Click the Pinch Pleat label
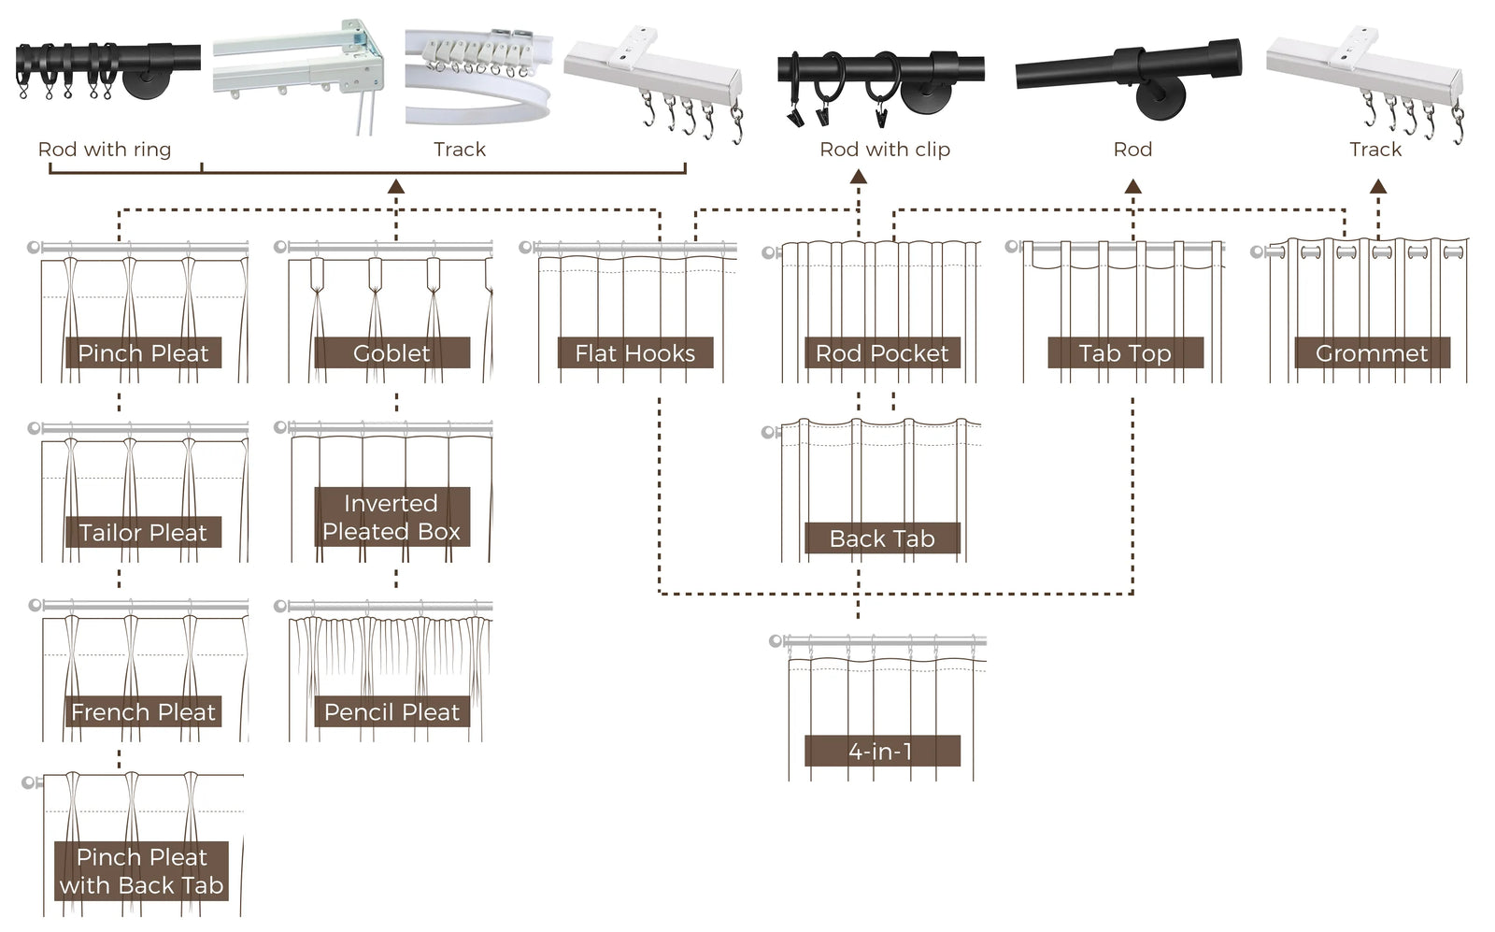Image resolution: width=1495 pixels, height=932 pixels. click(x=143, y=352)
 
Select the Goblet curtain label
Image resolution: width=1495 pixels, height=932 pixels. click(x=392, y=352)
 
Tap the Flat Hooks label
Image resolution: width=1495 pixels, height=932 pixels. click(x=635, y=352)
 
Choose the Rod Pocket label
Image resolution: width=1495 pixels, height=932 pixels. click(x=882, y=352)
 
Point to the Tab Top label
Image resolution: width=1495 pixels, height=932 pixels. click(x=1125, y=352)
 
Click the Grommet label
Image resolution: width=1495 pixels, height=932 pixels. click(x=1372, y=352)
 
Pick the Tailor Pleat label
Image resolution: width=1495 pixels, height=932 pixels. click(x=143, y=532)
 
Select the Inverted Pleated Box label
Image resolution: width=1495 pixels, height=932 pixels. click(x=391, y=517)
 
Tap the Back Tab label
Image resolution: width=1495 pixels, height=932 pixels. click(x=882, y=538)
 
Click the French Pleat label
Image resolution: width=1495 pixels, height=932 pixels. click(x=143, y=711)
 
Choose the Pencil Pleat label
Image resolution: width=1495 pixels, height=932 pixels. click(x=392, y=711)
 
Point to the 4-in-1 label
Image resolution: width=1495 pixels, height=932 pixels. click(x=881, y=751)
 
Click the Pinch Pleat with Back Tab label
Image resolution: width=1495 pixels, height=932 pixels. click(x=142, y=871)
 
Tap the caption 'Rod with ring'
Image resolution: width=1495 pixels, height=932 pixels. click(x=105, y=149)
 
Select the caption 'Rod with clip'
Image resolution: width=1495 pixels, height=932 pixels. click(x=885, y=149)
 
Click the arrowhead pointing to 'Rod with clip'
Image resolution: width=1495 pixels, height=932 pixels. click(x=859, y=177)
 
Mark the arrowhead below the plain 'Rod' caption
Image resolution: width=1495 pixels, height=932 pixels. click(x=1133, y=186)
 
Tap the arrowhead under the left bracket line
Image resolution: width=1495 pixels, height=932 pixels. click(x=396, y=186)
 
